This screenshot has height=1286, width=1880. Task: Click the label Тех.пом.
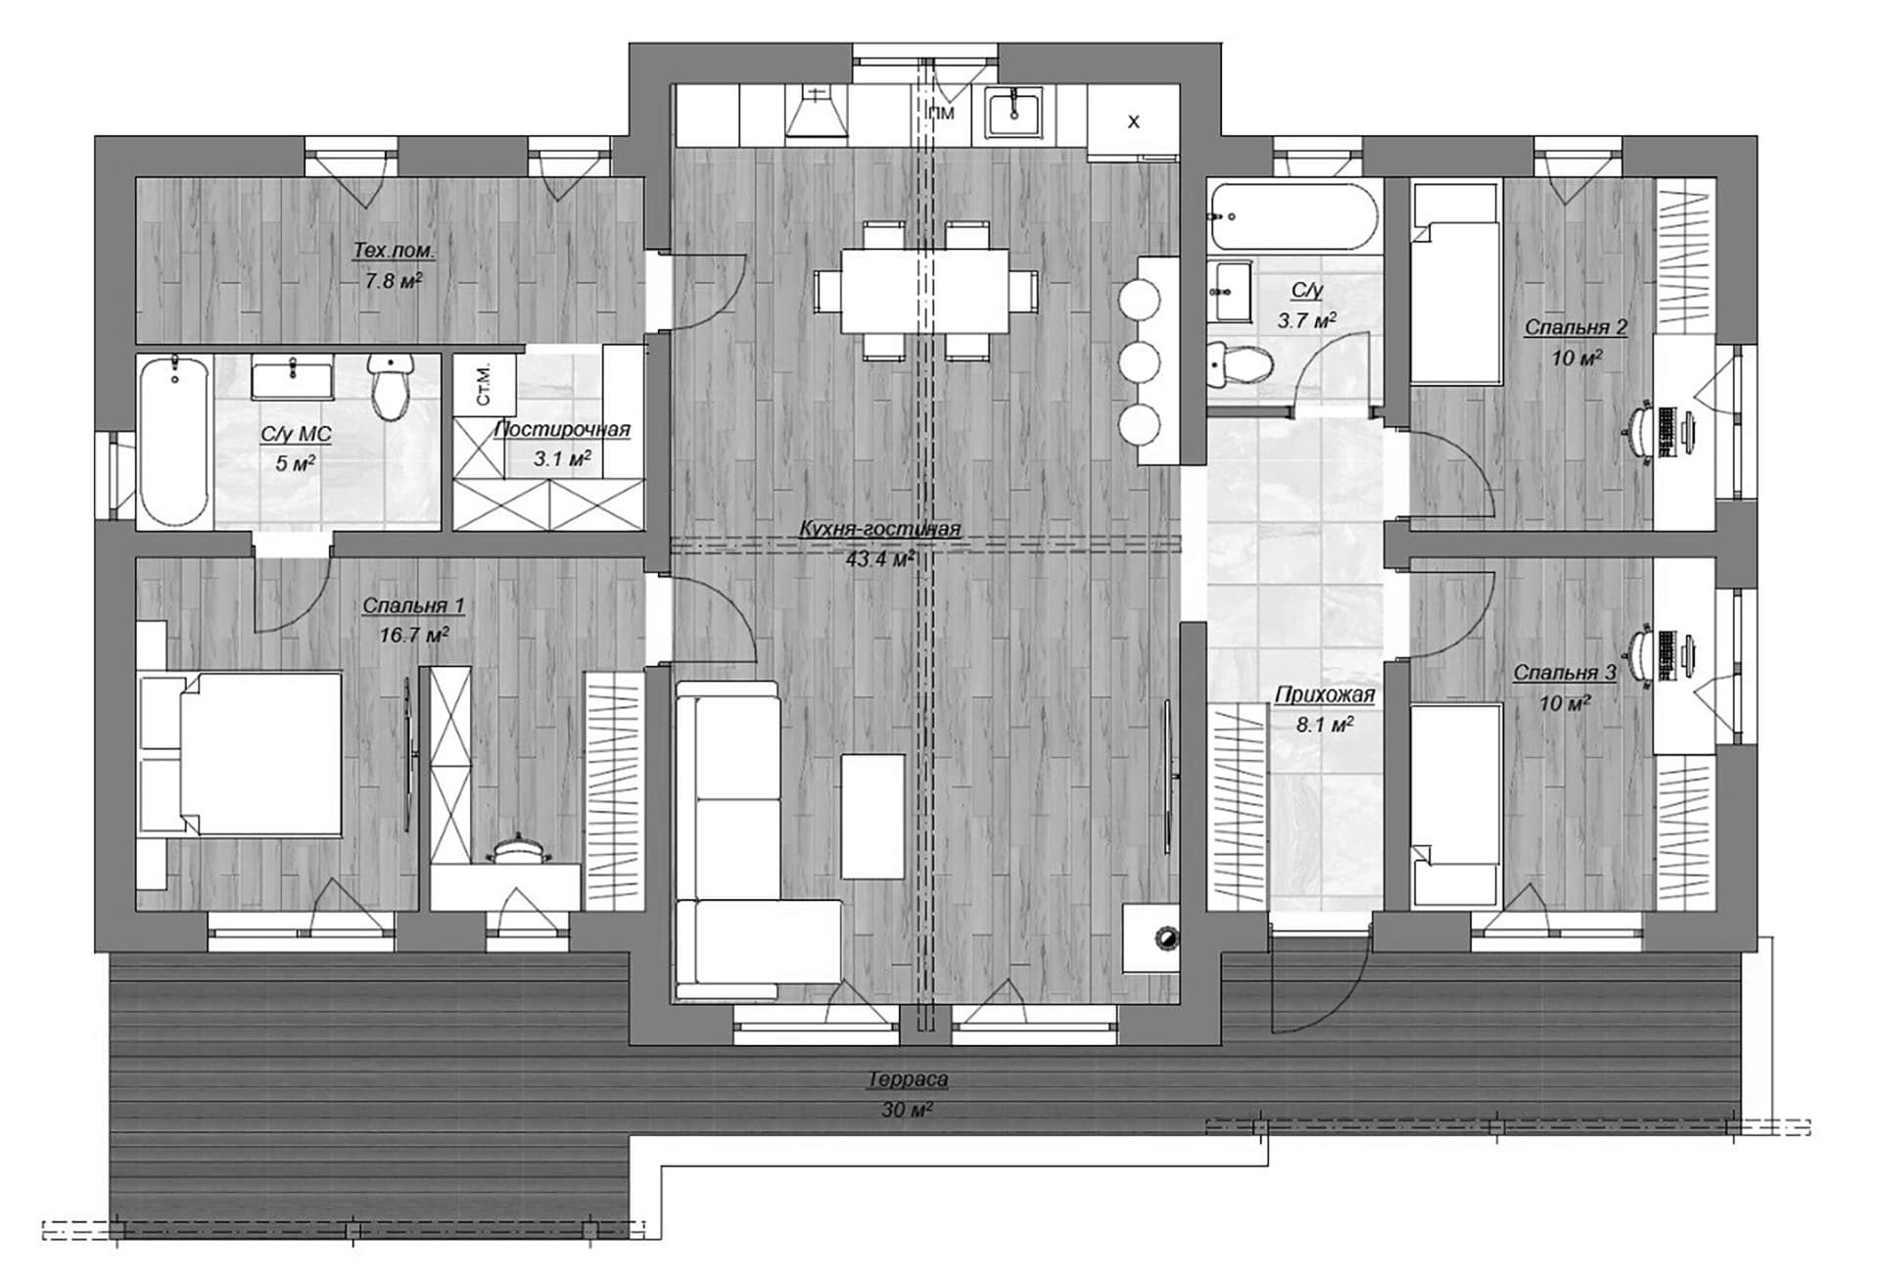tap(394, 251)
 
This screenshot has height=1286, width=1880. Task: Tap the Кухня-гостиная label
tap(880, 529)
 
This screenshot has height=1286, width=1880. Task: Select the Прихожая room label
tap(1325, 694)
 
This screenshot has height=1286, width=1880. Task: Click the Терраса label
tap(908, 1079)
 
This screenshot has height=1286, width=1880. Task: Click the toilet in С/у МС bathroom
tap(392, 387)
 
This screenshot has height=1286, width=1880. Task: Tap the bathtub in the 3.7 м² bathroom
tap(1293, 215)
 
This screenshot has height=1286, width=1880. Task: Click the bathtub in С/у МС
tap(173, 442)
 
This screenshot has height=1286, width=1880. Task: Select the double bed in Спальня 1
tap(240, 753)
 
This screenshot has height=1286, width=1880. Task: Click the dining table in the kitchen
tap(925, 291)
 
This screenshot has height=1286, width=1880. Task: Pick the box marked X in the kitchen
tap(1134, 120)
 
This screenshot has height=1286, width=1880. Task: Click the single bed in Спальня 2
tap(1455, 283)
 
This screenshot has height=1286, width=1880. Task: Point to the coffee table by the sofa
tap(872, 816)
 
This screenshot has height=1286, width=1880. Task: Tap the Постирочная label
tap(562, 429)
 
